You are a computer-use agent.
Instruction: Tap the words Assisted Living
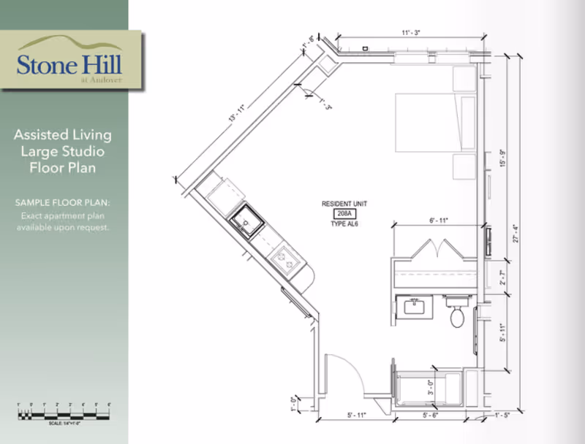coord(63,134)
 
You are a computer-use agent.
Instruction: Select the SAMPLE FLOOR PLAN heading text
coord(64,201)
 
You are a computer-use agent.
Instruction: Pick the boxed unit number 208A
coord(342,213)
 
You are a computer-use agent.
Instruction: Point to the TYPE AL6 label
coord(342,223)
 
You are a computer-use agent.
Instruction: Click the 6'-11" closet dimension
coord(437,220)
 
